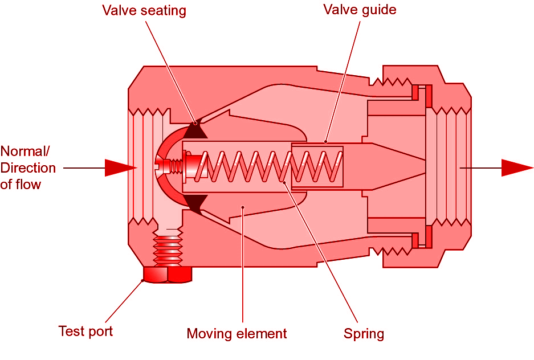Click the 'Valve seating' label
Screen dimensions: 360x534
144,11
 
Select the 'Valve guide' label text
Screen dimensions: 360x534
360,10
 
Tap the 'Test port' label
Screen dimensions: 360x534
86,331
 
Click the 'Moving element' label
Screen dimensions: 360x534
237,333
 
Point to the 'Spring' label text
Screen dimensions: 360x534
364,334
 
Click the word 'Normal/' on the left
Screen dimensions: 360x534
26,152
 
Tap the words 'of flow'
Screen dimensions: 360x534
21,185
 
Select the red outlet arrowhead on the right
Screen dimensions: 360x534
516,168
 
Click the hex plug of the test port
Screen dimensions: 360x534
167,275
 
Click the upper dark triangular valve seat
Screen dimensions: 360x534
194,131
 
